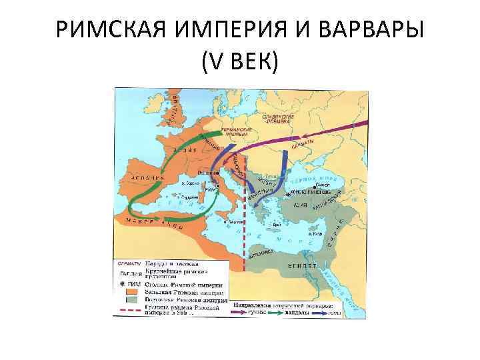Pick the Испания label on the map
pyautogui.click(x=142, y=179)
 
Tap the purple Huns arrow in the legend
pyautogui.click(x=240, y=311)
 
